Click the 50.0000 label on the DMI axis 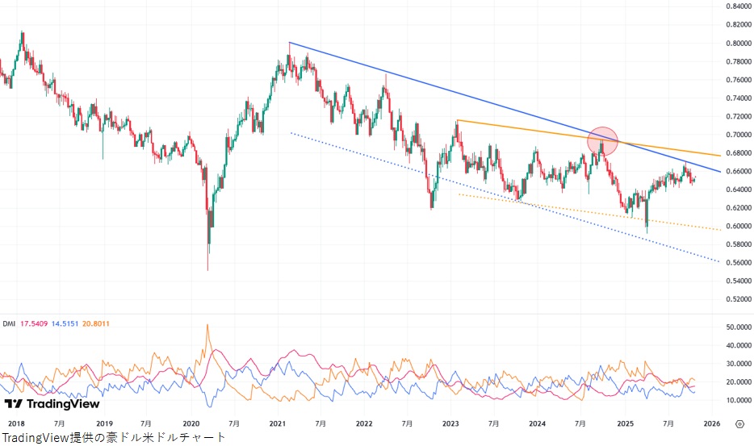pyautogui.click(x=737, y=327)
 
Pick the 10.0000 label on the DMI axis pyautogui.click(x=737, y=400)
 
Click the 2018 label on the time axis pyautogui.click(x=15, y=423)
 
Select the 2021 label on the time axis pyautogui.click(x=277, y=423)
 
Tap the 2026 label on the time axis pyautogui.click(x=711, y=423)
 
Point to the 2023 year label pyautogui.click(x=450, y=423)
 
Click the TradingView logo pyautogui.click(x=52, y=403)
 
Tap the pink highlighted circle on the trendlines pyautogui.click(x=602, y=141)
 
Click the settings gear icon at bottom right pyautogui.click(x=739, y=423)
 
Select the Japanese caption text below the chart pyautogui.click(x=114, y=437)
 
